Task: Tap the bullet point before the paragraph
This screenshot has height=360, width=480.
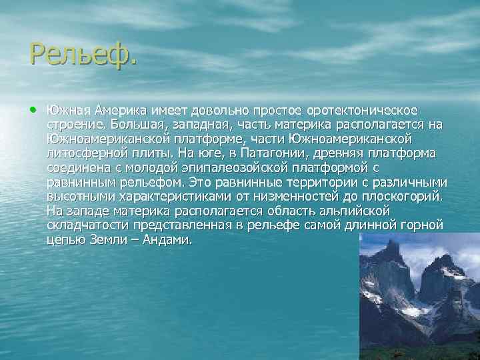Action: tap(33, 109)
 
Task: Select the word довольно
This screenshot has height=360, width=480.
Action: tap(219, 109)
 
